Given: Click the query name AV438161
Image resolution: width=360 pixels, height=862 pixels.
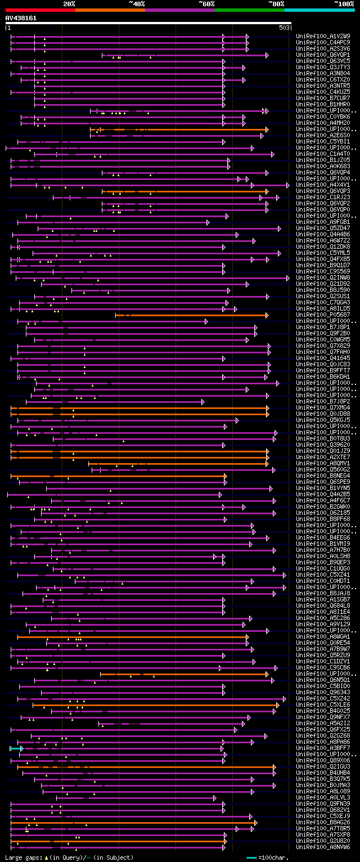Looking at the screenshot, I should coord(21,18).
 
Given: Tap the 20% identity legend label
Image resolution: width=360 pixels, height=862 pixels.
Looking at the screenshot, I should coord(69,3).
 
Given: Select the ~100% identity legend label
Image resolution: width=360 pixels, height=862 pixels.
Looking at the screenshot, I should coord(344,3).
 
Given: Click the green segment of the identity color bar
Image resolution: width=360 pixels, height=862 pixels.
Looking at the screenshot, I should coord(249,10).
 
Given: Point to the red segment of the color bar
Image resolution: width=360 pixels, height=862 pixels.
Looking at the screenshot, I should coord(40,10).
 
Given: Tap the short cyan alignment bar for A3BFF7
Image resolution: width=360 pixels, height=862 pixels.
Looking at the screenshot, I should coord(16,748).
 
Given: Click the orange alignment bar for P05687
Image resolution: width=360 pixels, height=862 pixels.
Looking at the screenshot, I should coord(191,315).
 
